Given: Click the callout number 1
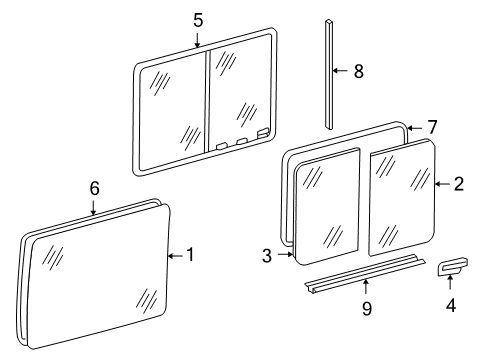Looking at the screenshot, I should (190, 256).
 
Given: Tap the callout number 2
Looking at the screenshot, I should (458, 183).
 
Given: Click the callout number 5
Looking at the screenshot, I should (197, 19).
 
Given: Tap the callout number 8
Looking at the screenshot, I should (358, 71).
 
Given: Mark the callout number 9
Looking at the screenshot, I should (366, 309).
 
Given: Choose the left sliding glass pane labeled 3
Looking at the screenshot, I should (329, 211).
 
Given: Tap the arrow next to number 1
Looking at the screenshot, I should (175, 256).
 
